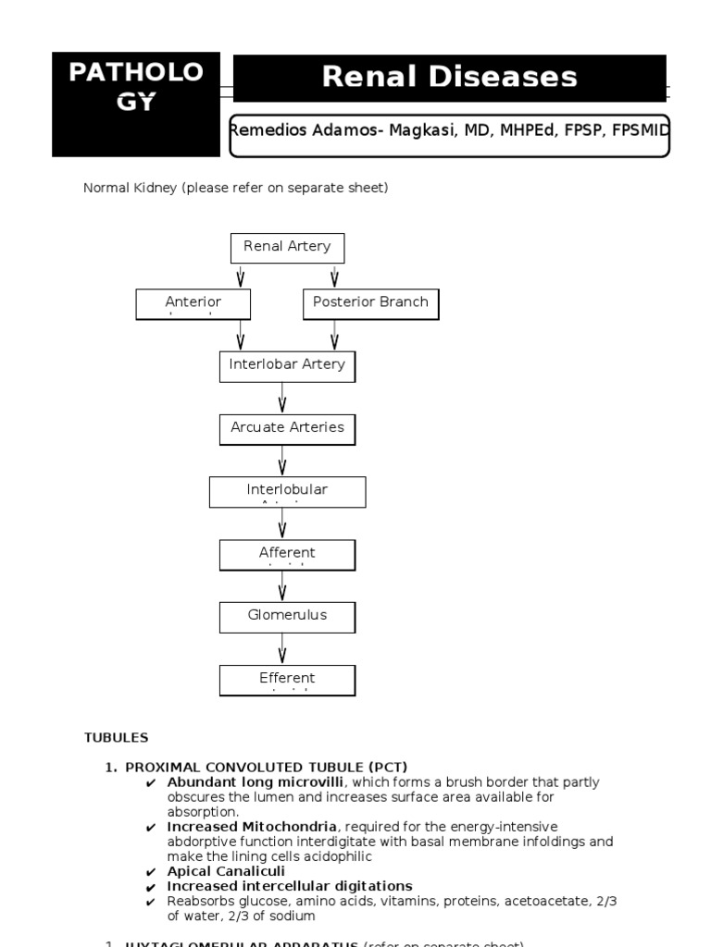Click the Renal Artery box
click(287, 248)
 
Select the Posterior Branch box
click(370, 304)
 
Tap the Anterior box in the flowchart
click(193, 304)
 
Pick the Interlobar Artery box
click(287, 366)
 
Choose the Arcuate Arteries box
click(287, 429)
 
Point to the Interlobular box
click(287, 492)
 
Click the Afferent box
click(287, 555)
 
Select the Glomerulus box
click(287, 617)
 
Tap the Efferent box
click(287, 680)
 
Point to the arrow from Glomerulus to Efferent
click(282, 648)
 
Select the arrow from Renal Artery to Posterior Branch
click(334, 276)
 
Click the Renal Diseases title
click(449, 78)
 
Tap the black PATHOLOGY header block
click(136, 104)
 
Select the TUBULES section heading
click(116, 737)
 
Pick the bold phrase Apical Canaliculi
click(226, 871)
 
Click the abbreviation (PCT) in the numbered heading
click(387, 767)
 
